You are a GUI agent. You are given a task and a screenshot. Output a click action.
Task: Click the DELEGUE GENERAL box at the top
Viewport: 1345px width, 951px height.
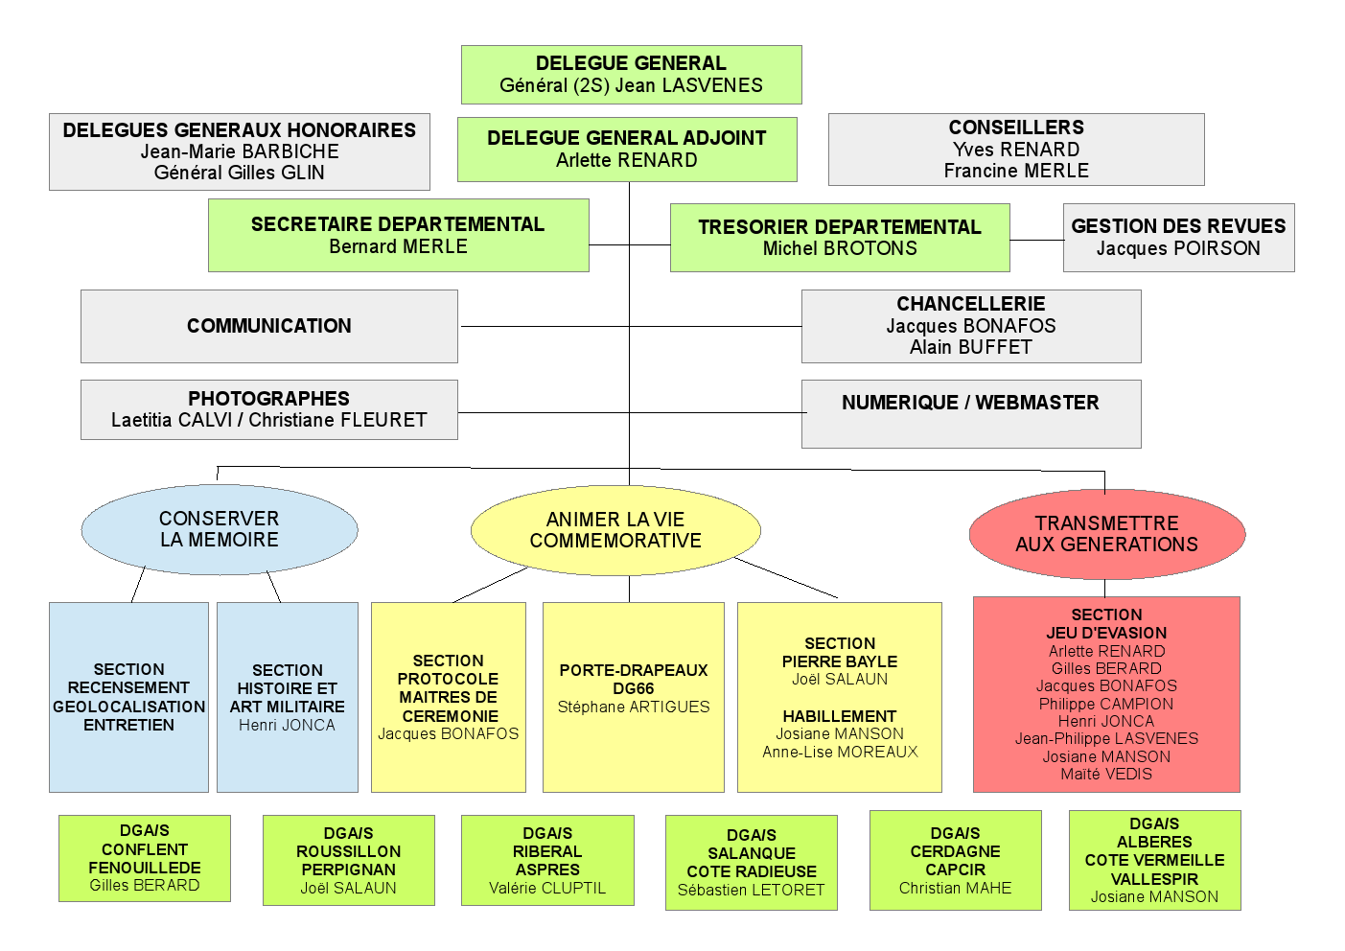tap(631, 75)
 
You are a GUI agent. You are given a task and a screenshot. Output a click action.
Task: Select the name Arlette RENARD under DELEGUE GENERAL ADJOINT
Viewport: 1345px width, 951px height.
tap(627, 161)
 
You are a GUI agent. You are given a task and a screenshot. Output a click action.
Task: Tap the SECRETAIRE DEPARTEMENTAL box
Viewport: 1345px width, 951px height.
tap(398, 236)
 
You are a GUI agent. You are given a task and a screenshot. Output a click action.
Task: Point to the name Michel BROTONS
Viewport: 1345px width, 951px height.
tap(840, 249)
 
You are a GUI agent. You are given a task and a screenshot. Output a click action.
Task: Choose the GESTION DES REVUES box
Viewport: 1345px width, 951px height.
tap(1178, 238)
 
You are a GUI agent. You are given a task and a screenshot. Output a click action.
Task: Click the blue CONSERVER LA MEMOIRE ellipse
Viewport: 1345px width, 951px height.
tap(220, 529)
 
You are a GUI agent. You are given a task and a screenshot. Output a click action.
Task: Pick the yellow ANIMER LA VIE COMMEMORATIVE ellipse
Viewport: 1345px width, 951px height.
tap(615, 530)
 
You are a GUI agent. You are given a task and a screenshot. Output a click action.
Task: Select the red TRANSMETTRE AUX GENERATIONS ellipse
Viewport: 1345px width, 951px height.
tap(1106, 534)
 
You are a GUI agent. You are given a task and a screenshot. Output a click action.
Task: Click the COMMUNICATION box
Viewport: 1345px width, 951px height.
tap(269, 326)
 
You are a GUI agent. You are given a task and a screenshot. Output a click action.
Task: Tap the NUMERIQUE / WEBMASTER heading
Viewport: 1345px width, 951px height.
tap(970, 403)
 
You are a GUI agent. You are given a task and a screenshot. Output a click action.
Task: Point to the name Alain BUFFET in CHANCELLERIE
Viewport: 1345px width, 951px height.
tap(970, 348)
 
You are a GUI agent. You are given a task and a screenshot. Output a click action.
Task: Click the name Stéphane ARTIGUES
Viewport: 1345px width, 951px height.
tap(634, 707)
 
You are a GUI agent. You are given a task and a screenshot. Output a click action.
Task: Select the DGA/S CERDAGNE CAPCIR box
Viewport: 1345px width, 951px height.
tap(955, 860)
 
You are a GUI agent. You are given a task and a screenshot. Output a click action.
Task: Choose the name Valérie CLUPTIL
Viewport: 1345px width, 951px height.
tap(547, 889)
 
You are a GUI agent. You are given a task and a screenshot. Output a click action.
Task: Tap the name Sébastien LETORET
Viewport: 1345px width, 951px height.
tap(751, 891)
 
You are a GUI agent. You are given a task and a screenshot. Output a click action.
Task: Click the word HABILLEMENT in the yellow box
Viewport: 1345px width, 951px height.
tap(840, 716)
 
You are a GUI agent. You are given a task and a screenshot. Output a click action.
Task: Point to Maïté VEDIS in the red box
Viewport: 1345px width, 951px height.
tap(1106, 775)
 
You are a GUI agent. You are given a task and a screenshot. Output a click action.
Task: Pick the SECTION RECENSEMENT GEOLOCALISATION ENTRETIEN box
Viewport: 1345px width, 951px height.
tap(128, 697)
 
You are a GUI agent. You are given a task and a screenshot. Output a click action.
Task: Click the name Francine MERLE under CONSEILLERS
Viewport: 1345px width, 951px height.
tap(1016, 172)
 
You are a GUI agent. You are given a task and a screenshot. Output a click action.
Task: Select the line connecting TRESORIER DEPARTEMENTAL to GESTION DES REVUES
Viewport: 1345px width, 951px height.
tap(1036, 240)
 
